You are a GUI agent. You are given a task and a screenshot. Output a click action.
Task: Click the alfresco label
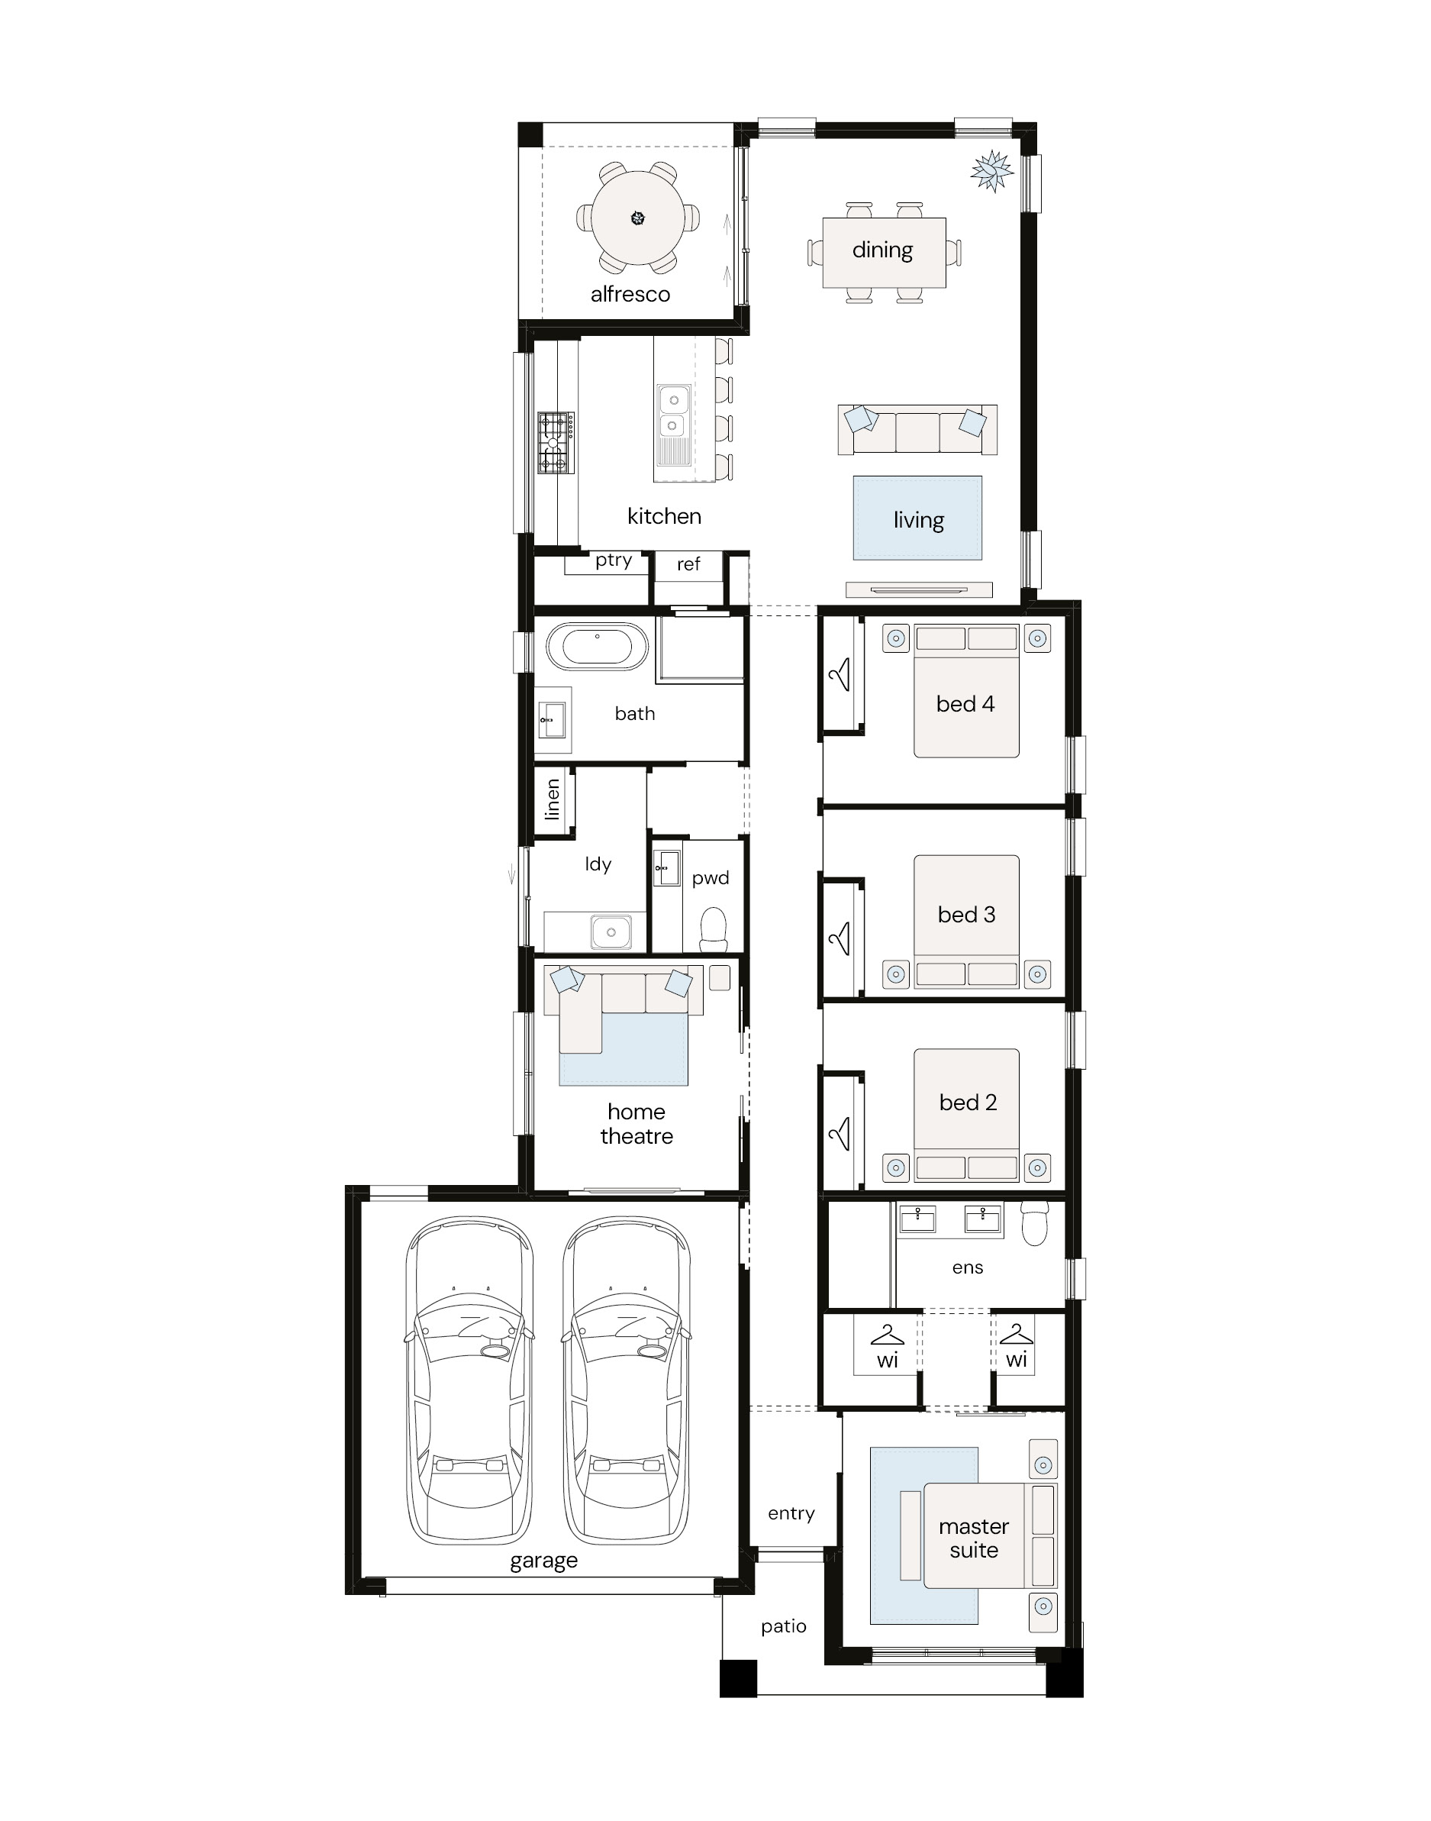click(x=630, y=294)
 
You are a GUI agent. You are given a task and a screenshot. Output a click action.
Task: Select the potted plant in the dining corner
click(x=993, y=171)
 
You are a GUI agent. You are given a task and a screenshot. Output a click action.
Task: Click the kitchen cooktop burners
click(x=556, y=443)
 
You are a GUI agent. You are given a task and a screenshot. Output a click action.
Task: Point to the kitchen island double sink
click(x=674, y=413)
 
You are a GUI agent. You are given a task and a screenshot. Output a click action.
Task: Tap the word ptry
click(x=614, y=560)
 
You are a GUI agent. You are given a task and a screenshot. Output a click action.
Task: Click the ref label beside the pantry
click(x=688, y=564)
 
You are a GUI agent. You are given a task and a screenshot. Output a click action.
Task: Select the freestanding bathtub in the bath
click(x=598, y=646)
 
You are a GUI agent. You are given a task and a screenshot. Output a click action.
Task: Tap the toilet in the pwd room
click(x=713, y=930)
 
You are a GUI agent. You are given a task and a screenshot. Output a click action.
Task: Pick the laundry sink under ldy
click(x=611, y=931)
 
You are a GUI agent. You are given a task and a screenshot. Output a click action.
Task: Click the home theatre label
click(x=637, y=1124)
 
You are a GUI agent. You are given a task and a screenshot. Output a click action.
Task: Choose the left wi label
click(x=888, y=1360)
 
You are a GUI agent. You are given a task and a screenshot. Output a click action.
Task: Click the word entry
click(x=791, y=1513)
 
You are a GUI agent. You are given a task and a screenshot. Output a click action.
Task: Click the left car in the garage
click(x=469, y=1381)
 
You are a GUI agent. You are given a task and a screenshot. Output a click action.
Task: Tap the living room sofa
click(x=917, y=430)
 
